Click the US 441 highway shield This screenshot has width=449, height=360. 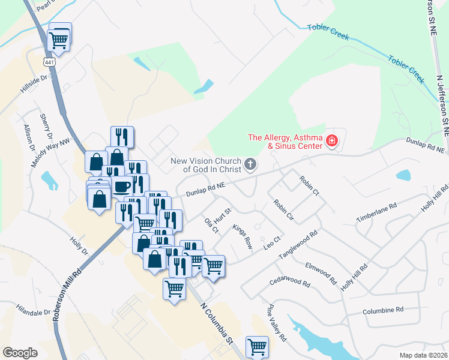(48, 62)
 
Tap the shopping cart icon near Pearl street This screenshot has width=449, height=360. (59, 39)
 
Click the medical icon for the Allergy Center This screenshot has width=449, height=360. (331, 142)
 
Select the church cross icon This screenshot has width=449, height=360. (250, 163)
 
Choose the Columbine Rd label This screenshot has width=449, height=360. (383, 310)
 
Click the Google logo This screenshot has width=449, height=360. (20, 353)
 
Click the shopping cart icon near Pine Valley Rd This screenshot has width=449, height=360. (257, 346)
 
